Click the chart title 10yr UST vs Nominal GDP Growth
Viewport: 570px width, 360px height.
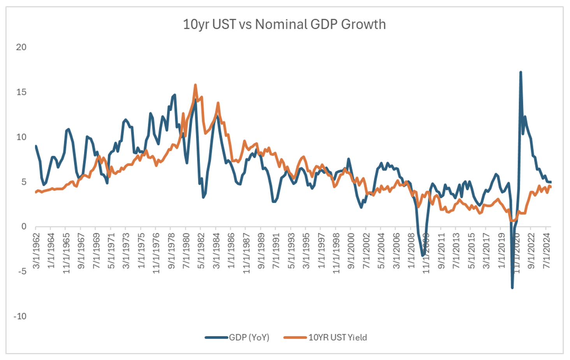(x=284, y=24)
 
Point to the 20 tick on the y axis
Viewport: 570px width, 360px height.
(x=21, y=47)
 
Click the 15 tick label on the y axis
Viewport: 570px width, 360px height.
(x=21, y=92)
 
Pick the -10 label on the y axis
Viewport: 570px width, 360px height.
(x=20, y=316)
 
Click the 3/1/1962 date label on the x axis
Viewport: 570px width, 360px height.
(x=37, y=251)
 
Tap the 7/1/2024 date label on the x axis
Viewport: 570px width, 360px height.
(x=546, y=251)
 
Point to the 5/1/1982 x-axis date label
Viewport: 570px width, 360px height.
(x=201, y=251)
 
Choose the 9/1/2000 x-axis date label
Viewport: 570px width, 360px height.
(x=351, y=251)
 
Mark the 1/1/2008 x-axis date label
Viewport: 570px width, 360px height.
(x=411, y=251)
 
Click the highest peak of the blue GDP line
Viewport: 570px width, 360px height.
(x=521, y=72)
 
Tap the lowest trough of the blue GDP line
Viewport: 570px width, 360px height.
(x=512, y=288)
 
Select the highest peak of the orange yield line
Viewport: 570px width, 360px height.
(x=195, y=85)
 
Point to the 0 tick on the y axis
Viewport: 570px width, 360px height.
(x=24, y=227)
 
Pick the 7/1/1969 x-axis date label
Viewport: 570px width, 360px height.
(x=97, y=251)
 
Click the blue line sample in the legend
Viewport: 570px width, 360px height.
(x=216, y=337)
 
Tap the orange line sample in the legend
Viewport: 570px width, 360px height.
(x=295, y=337)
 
